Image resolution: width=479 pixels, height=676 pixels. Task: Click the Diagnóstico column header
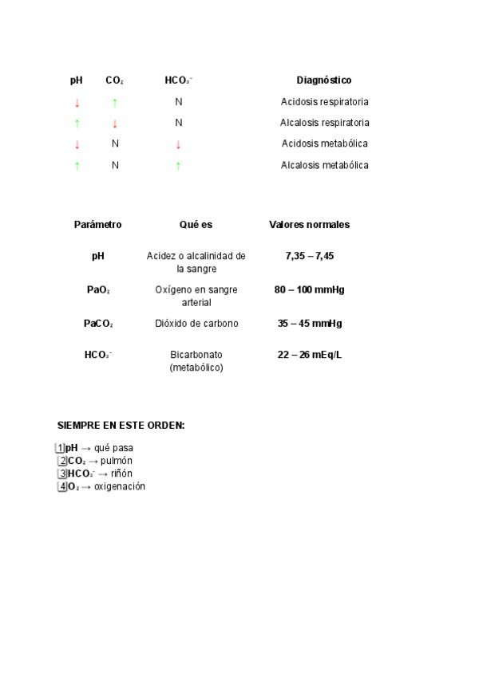323,81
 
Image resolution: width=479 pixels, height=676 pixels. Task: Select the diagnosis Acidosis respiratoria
324,102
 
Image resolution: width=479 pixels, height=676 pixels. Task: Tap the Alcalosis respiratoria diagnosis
324,123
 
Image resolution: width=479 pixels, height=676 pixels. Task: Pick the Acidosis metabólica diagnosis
324,143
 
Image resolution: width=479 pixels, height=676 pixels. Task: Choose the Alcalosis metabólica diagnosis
324,165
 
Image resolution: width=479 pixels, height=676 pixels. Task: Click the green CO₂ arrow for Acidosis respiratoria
115,102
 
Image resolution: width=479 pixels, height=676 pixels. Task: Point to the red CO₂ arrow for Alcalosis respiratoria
115,124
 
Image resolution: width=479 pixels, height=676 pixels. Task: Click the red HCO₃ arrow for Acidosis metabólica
178,144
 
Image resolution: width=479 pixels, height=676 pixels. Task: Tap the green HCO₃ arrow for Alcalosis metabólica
178,166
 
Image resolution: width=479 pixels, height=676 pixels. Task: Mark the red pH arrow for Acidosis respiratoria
77,102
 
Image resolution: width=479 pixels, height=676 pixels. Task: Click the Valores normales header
309,225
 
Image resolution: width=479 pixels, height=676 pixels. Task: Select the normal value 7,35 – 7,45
309,256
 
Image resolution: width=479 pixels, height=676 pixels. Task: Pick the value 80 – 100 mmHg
309,289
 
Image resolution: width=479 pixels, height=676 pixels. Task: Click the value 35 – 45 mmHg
309,323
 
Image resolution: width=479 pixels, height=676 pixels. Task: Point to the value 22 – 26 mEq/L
309,354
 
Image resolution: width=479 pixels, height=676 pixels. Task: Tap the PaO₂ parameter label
98,289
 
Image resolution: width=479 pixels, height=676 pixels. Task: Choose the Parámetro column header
97,225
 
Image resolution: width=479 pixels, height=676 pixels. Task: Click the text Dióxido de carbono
196,323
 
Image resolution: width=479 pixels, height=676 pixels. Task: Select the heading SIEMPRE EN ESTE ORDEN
121,426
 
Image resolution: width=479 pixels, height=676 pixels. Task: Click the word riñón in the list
121,474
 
